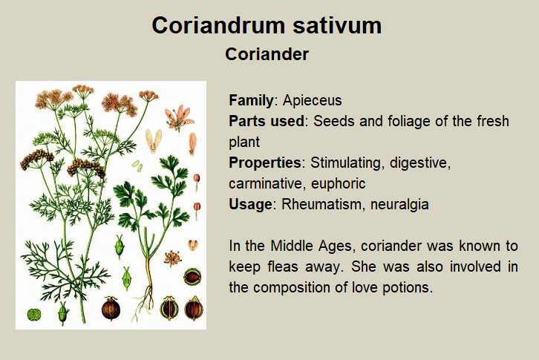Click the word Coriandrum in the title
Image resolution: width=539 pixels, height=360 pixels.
pyautogui.click(x=218, y=25)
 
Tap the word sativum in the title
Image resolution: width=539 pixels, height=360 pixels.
pyautogui.click(x=337, y=25)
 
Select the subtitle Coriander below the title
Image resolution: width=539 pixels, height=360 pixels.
pyautogui.click(x=267, y=54)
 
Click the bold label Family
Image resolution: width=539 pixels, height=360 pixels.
pyautogui.click(x=251, y=100)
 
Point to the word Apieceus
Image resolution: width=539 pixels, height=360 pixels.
pyautogui.click(x=313, y=100)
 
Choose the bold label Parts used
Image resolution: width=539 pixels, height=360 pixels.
pyautogui.click(x=267, y=121)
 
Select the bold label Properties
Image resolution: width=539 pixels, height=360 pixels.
pyautogui.click(x=265, y=163)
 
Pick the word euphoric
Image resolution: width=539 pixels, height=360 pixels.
pyautogui.click(x=339, y=183)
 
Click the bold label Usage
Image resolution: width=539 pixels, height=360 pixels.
pyautogui.click(x=251, y=204)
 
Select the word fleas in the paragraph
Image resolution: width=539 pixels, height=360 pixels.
pyautogui.click(x=284, y=266)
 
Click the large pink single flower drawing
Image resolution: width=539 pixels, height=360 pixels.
pyautogui.click(x=180, y=118)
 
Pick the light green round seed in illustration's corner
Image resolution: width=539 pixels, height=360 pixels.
pyautogui.click(x=34, y=314)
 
